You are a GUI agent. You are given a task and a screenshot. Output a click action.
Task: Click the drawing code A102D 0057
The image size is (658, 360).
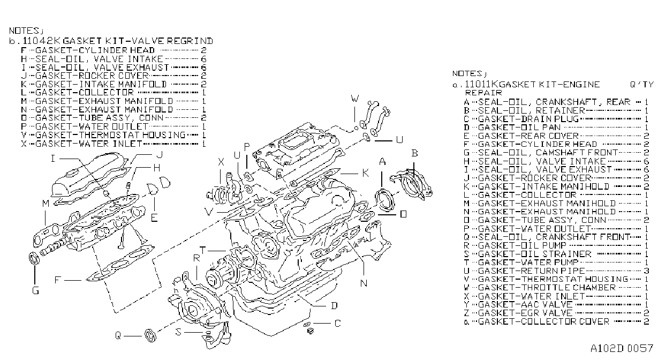coord(622,349)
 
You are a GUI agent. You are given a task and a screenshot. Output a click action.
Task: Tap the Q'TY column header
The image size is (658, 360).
coord(641,85)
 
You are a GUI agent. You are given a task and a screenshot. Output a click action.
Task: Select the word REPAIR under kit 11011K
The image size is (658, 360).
coord(483,93)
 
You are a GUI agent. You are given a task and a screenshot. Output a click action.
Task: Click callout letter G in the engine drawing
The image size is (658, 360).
coord(35,291)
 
